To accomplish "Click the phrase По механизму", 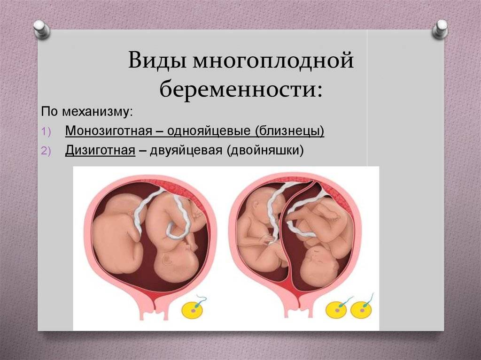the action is tap(87, 112).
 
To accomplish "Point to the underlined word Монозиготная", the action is tap(109, 131).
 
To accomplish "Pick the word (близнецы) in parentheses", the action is tap(289, 131).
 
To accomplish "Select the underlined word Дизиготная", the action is tap(100, 150).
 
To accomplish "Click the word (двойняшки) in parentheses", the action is tap(265, 151).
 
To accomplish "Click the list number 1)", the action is tap(46, 132).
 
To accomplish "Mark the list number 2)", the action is tap(46, 151).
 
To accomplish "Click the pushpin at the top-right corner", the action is tap(440, 29).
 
